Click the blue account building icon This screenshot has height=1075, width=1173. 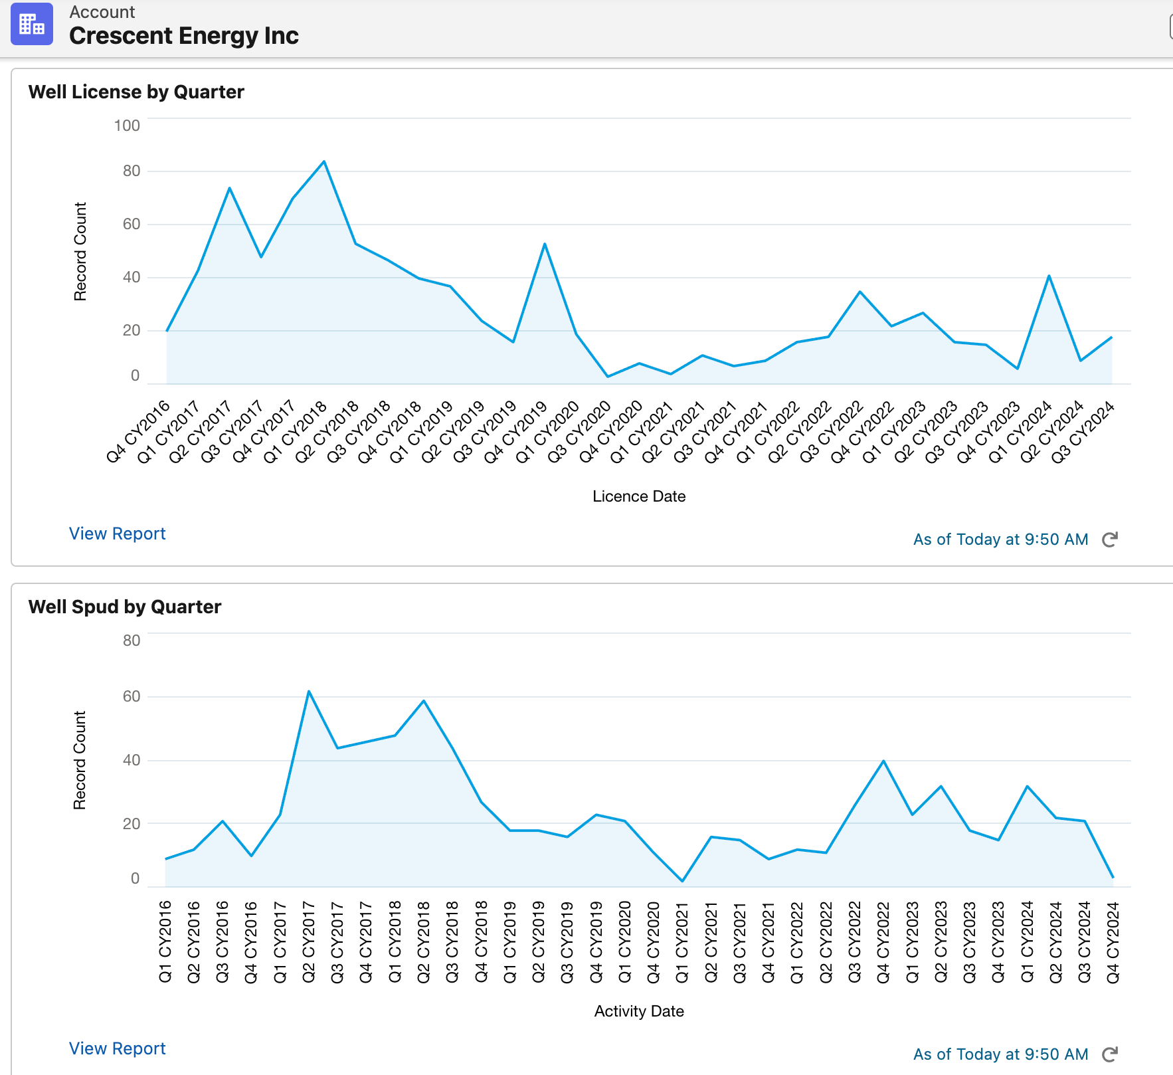[x=31, y=25]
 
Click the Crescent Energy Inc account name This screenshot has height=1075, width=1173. [x=183, y=36]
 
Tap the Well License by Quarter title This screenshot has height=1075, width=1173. [x=136, y=92]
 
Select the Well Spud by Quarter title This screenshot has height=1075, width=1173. [x=125, y=607]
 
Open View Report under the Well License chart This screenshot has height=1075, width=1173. [x=117, y=534]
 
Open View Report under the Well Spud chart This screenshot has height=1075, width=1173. [x=117, y=1048]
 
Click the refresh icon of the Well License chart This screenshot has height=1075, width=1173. [x=1109, y=539]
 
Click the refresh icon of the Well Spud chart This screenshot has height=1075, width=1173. [x=1109, y=1054]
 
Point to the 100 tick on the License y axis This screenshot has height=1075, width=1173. [x=127, y=126]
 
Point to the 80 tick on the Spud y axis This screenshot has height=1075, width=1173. [x=132, y=640]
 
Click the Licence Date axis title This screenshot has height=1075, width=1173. [x=639, y=496]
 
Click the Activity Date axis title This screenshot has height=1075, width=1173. [x=639, y=1011]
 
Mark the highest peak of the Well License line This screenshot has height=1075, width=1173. [x=323, y=161]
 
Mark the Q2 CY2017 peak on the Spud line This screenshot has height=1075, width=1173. [x=309, y=692]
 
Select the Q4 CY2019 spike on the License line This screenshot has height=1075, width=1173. [x=545, y=244]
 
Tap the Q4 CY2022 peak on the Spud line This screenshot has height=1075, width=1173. [x=883, y=761]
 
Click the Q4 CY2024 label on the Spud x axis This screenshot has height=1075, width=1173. [x=1113, y=942]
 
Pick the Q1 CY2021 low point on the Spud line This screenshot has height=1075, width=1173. [x=682, y=881]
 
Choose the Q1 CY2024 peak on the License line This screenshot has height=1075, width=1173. [x=1049, y=276]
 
